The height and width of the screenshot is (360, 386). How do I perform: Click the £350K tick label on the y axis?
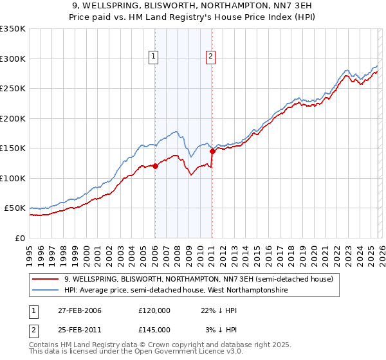(12, 29)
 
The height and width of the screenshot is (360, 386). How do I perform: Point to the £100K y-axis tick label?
(12, 178)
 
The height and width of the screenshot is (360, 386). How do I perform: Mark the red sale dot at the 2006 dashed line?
(155, 166)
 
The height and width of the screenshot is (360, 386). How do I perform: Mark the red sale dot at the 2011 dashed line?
(212, 152)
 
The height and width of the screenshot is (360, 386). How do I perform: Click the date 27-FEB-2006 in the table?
(80, 310)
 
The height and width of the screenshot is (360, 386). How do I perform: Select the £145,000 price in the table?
(154, 329)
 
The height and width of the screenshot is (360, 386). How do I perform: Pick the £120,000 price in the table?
(154, 310)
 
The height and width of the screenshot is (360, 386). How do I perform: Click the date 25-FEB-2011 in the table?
(80, 329)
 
